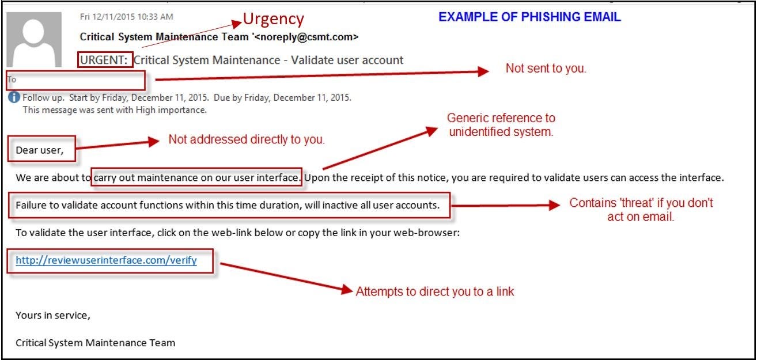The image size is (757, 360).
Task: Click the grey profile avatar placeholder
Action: coord(33,39)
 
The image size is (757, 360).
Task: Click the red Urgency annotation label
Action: coord(272,19)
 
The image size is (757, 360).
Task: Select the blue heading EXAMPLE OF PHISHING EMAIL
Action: coord(529,17)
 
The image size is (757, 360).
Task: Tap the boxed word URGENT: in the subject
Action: coord(105,60)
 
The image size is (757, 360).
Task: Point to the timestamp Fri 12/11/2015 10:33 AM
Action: coord(126,17)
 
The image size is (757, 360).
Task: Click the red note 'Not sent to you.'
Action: coord(546,68)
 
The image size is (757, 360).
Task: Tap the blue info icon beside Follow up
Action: coord(14,97)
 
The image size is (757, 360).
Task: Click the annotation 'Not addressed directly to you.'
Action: coord(247,139)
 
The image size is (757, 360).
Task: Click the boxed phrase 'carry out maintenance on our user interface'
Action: coord(196,177)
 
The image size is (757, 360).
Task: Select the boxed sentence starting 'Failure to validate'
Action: coord(228,205)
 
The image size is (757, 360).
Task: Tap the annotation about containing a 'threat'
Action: coord(641,210)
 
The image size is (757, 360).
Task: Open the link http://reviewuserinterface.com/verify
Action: coord(106,260)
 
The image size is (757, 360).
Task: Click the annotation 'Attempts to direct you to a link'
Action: coord(434,291)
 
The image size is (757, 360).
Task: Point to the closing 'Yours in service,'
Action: coord(53,316)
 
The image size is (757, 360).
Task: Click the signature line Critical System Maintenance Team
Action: coord(95,343)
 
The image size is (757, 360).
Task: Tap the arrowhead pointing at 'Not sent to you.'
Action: coord(483,71)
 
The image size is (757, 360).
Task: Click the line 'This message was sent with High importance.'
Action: coord(114,109)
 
